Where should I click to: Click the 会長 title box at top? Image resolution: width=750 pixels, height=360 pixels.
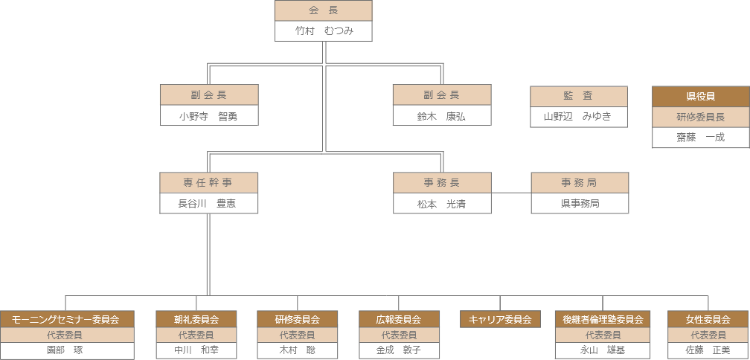pyautogui.click(x=323, y=10)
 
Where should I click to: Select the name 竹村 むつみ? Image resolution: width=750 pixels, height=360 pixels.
pyautogui.click(x=323, y=31)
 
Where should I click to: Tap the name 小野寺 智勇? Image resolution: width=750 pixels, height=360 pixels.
pyautogui.click(x=208, y=116)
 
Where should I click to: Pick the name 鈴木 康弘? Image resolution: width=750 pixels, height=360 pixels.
pyautogui.click(x=441, y=116)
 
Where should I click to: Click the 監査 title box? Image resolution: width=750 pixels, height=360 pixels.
pyautogui.click(x=578, y=96)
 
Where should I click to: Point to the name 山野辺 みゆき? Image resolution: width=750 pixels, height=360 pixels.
pyautogui.click(x=578, y=116)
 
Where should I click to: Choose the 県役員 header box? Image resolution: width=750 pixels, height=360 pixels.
pyautogui.click(x=700, y=97)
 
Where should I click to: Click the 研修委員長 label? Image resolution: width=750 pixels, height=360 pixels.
pyautogui.click(x=700, y=117)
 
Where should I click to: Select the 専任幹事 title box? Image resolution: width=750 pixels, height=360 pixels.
pyautogui.click(x=208, y=183)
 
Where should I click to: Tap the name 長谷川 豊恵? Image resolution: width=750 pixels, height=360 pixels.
pyautogui.click(x=208, y=203)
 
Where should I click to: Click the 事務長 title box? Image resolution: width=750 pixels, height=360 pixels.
pyautogui.click(x=441, y=183)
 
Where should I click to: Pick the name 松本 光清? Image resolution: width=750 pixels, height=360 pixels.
pyautogui.click(x=441, y=203)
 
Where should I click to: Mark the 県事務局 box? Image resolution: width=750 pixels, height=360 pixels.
pyautogui.click(x=579, y=203)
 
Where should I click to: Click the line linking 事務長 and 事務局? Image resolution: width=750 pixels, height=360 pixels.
pyautogui.click(x=511, y=193)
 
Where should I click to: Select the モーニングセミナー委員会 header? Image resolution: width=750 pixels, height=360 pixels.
pyautogui.click(x=66, y=319)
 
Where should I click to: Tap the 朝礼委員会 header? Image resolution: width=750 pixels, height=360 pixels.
pyautogui.click(x=196, y=319)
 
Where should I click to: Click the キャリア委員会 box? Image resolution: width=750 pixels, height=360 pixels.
pyautogui.click(x=499, y=320)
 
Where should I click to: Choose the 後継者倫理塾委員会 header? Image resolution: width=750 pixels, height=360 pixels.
pyautogui.click(x=603, y=319)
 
